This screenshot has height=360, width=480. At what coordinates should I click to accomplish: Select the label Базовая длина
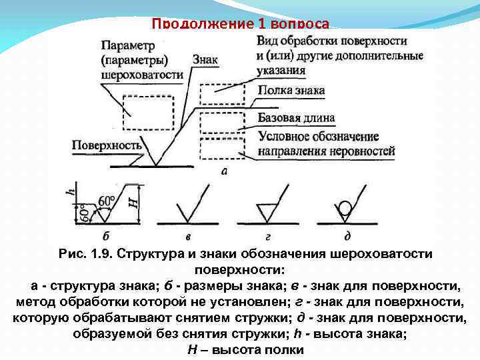[x=296, y=118]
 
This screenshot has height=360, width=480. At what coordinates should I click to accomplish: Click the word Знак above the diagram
[x=205, y=59]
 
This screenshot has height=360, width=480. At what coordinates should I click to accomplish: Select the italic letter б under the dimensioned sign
[x=107, y=235]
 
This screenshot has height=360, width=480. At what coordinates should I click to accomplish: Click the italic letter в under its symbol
[x=187, y=235]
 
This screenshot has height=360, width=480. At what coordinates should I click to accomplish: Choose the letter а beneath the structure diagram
[x=223, y=171]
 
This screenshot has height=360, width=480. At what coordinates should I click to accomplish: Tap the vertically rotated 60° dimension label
[x=84, y=213]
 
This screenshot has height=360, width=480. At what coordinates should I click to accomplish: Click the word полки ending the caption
[x=283, y=349]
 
